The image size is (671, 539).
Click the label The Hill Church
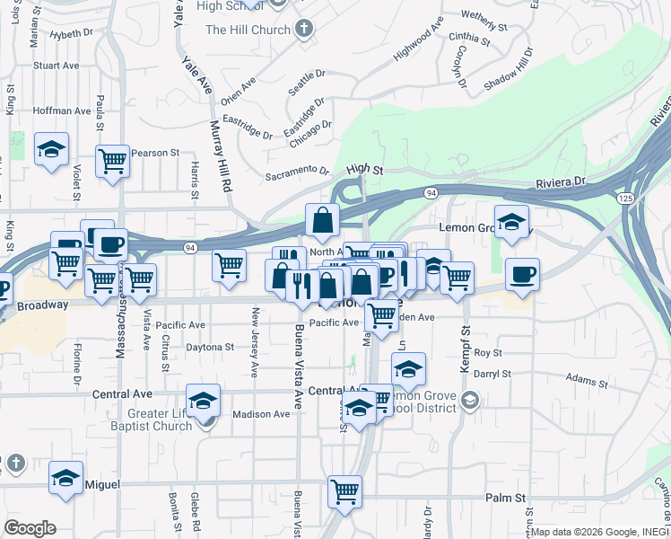coord(248,30)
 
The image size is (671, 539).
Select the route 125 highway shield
coord(624,197)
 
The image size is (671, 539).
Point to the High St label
coord(364,168)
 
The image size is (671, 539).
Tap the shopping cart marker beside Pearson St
coord(112,162)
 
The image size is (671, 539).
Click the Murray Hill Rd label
coord(220,154)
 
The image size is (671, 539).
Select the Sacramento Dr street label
coord(298,172)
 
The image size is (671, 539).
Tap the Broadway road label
coord(42,305)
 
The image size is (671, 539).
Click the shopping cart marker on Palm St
coord(344,491)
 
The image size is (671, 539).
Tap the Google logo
coord(30,528)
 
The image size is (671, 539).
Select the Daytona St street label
coord(211,347)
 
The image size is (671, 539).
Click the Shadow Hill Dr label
coord(509,67)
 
